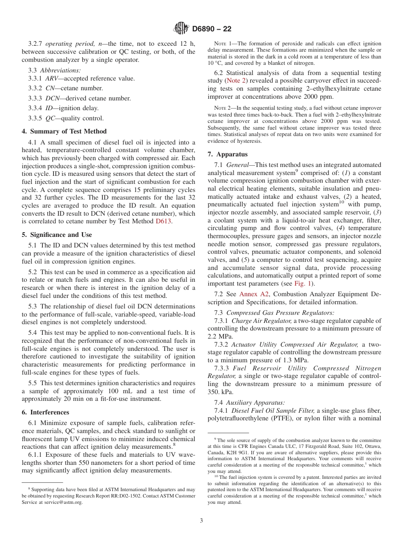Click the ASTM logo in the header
click(x=181, y=29)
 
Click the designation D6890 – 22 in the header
click(x=212, y=29)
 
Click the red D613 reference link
click(x=163, y=222)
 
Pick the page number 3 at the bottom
click(x=201, y=521)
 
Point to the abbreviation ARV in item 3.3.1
click(x=52, y=78)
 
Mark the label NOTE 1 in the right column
click(x=223, y=44)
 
